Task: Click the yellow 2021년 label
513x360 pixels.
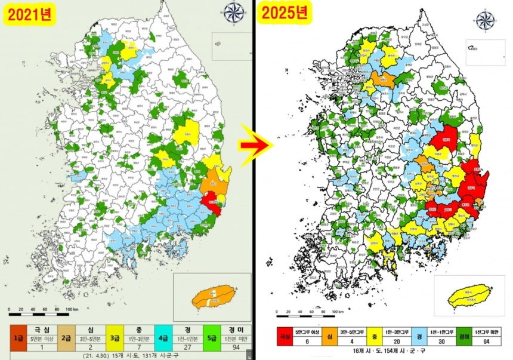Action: tap(30, 13)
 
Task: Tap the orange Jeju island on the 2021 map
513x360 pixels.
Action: tap(212, 296)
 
